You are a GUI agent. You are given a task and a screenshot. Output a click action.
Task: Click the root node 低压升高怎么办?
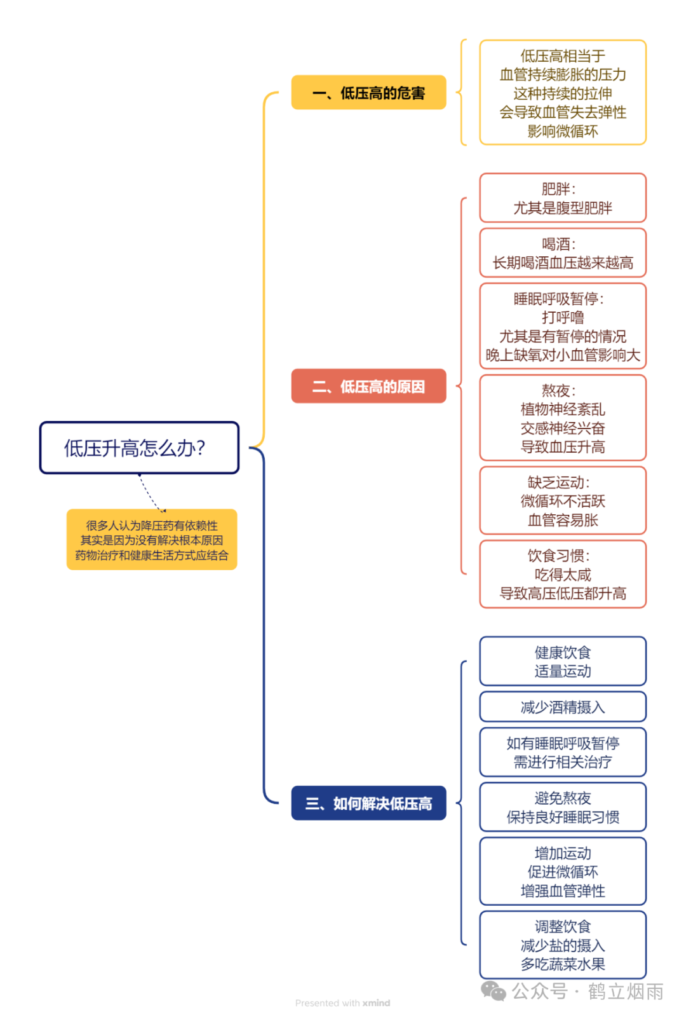pyautogui.click(x=139, y=448)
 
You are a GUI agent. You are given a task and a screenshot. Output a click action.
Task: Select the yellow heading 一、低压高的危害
pyautogui.click(x=368, y=93)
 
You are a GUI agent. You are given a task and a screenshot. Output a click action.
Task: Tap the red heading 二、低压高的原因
pyautogui.click(x=368, y=386)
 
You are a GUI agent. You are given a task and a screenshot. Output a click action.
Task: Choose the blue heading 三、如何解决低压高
pyautogui.click(x=368, y=804)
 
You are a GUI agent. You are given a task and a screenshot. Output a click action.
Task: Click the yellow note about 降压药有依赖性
pyautogui.click(x=152, y=540)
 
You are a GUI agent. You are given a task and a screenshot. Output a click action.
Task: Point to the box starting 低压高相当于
pyautogui.click(x=563, y=93)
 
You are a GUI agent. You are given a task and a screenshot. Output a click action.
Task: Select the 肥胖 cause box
pyautogui.click(x=563, y=198)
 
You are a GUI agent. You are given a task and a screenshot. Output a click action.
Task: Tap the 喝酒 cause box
pyautogui.click(x=563, y=253)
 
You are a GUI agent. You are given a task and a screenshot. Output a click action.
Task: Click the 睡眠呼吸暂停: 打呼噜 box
pyautogui.click(x=563, y=326)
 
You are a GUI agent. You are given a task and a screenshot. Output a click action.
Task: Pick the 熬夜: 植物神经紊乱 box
pyautogui.click(x=563, y=418)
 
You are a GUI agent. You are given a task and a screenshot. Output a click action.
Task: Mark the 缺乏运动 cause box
pyautogui.click(x=563, y=501)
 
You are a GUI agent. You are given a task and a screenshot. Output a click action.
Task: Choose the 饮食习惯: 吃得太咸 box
pyautogui.click(x=563, y=575)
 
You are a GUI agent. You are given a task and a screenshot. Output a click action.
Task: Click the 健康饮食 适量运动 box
pyautogui.click(x=563, y=661)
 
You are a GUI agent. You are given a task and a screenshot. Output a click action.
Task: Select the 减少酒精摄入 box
pyautogui.click(x=563, y=707)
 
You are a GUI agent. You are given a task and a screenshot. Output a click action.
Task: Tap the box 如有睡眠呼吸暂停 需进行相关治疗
pyautogui.click(x=563, y=753)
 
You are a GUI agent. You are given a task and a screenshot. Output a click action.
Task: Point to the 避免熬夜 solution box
pyautogui.click(x=563, y=807)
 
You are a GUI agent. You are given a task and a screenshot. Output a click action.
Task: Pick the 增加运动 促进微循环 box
pyautogui.click(x=563, y=872)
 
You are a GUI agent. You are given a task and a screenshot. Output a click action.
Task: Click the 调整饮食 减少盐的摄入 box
pyautogui.click(x=563, y=945)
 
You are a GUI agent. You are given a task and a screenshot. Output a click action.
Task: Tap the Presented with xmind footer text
pyautogui.click(x=342, y=1003)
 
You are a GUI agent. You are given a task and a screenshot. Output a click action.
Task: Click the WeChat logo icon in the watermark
pyautogui.click(x=494, y=990)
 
